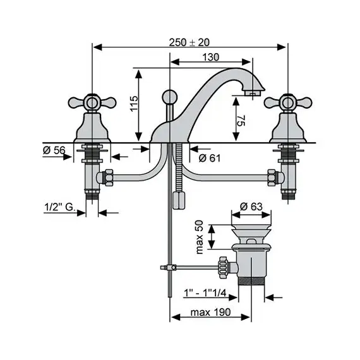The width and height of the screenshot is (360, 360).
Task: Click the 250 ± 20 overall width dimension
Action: coord(189,42)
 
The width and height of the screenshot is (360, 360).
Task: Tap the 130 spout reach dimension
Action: coord(211,57)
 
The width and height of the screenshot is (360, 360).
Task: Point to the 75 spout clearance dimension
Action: coord(241,121)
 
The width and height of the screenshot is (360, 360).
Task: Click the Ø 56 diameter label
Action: coord(54,150)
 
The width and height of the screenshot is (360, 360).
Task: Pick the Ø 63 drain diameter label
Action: coord(251,205)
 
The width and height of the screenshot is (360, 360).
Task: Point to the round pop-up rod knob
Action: coord(170,97)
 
